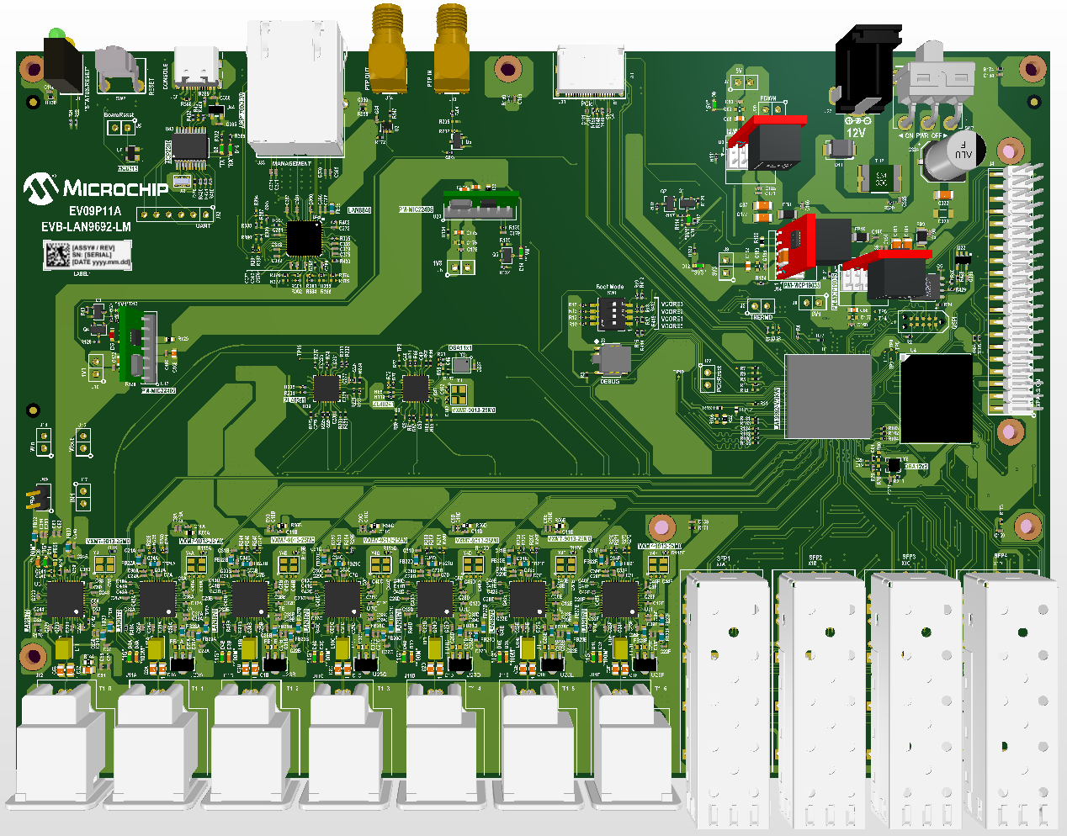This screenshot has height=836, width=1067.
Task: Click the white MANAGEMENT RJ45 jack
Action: click(x=295, y=88)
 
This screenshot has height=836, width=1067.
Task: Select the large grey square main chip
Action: click(x=827, y=396)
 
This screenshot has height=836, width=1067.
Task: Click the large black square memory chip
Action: click(x=936, y=398)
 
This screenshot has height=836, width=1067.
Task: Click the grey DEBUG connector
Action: click(x=612, y=361)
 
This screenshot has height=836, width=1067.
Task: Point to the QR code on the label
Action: click(x=57, y=255)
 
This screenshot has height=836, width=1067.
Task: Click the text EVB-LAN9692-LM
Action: click(x=86, y=227)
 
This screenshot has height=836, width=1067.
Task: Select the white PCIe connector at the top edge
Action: click(x=588, y=71)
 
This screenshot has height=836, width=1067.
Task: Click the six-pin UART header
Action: click(x=174, y=214)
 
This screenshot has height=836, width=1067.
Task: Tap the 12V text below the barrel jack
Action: click(x=855, y=133)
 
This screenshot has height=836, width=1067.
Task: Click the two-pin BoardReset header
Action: click(x=120, y=128)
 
